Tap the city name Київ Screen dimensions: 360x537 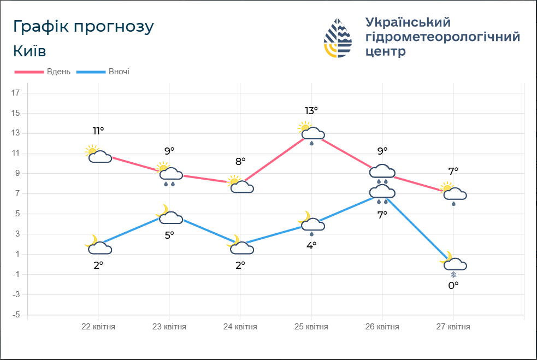pos(29,51)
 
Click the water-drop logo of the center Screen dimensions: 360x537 pos(338,38)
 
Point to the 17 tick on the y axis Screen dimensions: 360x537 pos(15,93)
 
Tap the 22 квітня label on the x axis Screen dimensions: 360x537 pos(98,327)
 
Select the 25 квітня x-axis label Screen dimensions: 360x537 pos(311,327)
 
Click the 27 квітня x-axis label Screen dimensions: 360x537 pos(453,327)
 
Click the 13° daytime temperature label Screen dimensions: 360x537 pos(311,111)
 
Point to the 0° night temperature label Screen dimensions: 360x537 pos(453,285)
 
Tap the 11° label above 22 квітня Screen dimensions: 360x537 pos(98,131)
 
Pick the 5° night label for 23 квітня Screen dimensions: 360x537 pos(169,235)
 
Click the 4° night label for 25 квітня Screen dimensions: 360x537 pos(311,245)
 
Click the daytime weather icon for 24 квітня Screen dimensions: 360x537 pos(240,185)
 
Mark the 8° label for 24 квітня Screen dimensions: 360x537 pos(240,161)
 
